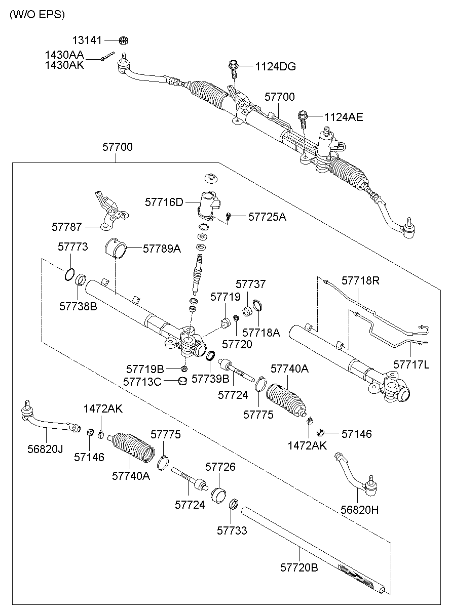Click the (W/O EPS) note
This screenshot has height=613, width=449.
click(38, 15)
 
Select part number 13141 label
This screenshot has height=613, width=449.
click(87, 40)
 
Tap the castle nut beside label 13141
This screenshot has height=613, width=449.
click(124, 40)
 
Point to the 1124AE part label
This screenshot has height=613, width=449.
click(344, 117)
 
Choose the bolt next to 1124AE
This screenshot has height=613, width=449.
click(303, 119)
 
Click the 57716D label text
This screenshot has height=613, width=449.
click(164, 202)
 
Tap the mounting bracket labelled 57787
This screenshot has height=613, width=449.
click(111, 211)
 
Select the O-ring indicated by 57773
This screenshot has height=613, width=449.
click(69, 274)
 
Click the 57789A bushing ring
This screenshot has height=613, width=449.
click(116, 249)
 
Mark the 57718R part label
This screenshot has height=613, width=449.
click(360, 280)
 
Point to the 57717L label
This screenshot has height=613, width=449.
click(411, 364)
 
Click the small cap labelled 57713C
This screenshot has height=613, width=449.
click(182, 381)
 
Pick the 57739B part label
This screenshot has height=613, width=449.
click(210, 379)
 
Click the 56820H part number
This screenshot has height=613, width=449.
click(359, 510)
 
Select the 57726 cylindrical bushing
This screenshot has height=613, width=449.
click(218, 495)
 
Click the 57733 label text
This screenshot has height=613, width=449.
click(232, 530)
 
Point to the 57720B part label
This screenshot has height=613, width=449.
click(299, 567)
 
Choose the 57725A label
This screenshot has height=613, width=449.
click(267, 217)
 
